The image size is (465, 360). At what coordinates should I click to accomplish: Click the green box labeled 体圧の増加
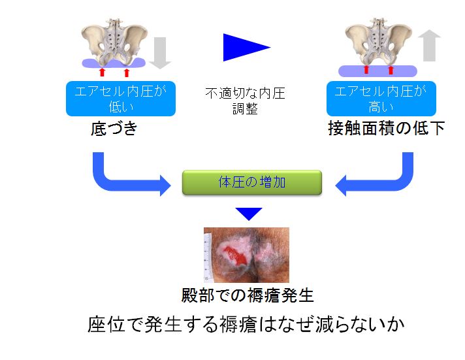click(252, 182)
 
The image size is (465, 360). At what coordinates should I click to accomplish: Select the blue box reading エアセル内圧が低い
click(121, 99)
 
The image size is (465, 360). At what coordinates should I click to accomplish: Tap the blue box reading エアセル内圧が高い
click(381, 99)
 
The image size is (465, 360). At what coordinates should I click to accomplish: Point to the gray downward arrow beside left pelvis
click(160, 53)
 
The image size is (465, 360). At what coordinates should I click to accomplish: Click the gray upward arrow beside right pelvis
click(429, 45)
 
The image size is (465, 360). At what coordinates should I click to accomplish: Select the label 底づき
click(114, 129)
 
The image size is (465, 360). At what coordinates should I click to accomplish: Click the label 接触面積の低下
click(387, 128)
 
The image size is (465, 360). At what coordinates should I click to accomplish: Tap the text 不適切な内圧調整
click(246, 101)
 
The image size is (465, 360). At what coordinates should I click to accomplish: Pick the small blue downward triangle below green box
click(249, 213)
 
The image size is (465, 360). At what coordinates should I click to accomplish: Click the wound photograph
click(246, 255)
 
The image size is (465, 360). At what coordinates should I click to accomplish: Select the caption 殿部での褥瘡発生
click(248, 295)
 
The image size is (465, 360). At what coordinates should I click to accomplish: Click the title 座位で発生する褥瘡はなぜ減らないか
click(246, 324)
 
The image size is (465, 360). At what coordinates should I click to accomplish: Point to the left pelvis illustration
click(114, 42)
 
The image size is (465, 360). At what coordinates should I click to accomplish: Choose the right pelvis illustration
click(378, 42)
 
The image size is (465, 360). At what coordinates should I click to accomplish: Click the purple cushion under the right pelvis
click(377, 71)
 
